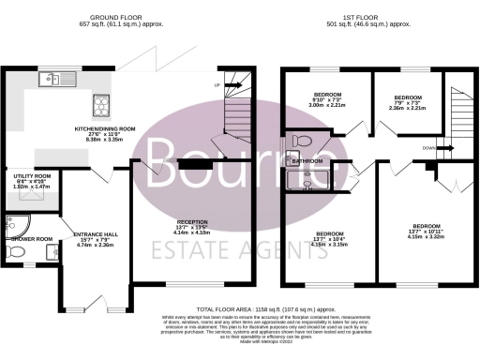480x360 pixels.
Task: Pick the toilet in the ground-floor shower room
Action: tap(11, 253)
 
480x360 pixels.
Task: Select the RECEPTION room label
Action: tap(194, 225)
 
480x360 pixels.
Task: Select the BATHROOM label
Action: tap(308, 161)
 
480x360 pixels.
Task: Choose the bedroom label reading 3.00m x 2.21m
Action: tap(328, 101)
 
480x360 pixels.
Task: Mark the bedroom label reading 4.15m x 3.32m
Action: tap(427, 230)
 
